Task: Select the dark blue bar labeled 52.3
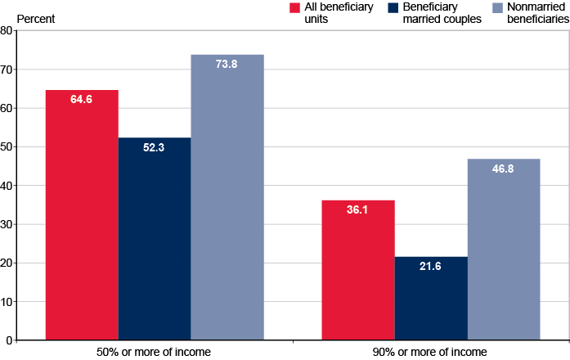(155, 238)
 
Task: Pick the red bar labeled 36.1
(358, 269)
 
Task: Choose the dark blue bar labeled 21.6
(431, 298)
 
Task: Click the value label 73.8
(227, 65)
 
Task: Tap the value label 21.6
(431, 268)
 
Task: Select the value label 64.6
(82, 100)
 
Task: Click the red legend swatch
(295, 8)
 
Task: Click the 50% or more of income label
(154, 352)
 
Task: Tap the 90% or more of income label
(431, 352)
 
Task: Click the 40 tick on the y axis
(7, 186)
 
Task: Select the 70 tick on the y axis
(7, 70)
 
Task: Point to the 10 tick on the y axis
(7, 302)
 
